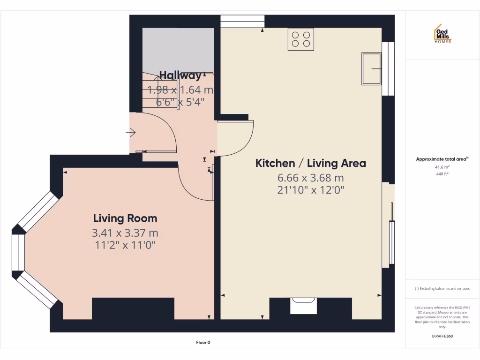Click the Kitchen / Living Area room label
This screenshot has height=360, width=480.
click(310, 163)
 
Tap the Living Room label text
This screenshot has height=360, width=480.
click(125, 218)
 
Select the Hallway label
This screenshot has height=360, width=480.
click(180, 75)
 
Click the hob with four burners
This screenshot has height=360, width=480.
click(300, 39)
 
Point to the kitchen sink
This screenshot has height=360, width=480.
click(371, 68)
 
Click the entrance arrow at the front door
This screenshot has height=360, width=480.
click(131, 134)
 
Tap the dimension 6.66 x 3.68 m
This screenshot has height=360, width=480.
click(310, 178)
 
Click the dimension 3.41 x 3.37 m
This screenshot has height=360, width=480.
click(125, 232)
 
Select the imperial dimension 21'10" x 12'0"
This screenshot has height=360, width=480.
click(310, 190)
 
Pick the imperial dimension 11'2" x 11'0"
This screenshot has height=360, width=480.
click(125, 244)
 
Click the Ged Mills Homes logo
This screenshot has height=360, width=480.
click(442, 34)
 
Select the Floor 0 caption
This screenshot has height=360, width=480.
click(203, 343)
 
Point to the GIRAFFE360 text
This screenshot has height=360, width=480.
click(442, 336)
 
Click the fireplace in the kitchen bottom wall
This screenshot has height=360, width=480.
click(304, 306)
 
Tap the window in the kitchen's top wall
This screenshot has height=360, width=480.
click(242, 22)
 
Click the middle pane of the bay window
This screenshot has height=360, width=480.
click(18, 252)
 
